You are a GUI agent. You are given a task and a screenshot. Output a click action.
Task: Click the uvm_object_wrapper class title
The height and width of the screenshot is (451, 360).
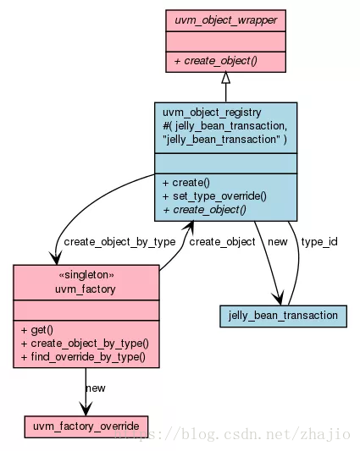coord(226,20)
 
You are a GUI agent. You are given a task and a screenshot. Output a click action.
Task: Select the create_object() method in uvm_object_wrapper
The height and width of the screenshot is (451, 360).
coord(215,61)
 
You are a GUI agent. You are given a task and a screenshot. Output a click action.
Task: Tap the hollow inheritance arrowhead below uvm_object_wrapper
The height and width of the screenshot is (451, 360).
coord(226,78)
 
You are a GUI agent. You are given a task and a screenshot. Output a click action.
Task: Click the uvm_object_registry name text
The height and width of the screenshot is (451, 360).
coord(212,113)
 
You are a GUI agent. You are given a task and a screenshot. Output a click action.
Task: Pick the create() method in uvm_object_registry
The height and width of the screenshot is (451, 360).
coord(186,183)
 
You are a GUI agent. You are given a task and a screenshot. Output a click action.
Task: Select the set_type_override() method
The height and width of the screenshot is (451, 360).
coord(214,196)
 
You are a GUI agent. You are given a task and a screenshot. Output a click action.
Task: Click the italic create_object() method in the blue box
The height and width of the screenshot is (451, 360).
coord(204,210)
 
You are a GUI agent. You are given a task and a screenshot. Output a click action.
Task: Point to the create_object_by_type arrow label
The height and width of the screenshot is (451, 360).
coord(119,242)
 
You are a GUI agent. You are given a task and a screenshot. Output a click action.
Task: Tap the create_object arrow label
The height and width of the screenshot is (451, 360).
coord(222,242)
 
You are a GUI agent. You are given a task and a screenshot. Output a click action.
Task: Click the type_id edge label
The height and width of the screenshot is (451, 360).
coord(319,242)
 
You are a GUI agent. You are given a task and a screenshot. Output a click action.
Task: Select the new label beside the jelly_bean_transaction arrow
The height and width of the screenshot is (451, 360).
coord(277,242)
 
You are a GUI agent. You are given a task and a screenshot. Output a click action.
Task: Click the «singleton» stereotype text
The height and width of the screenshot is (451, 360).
coord(86,275)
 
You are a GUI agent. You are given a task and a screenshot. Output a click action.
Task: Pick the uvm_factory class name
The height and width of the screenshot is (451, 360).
coord(86,289)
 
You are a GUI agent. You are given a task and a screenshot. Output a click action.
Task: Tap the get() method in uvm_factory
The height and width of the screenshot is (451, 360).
coord(37,330)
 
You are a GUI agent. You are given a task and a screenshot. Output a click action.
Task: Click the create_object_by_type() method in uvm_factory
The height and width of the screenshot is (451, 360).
coord(85,344)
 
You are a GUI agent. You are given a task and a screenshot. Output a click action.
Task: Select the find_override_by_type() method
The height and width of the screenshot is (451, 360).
coord(83,357)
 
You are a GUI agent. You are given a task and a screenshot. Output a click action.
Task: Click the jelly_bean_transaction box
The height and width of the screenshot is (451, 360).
coord(283,316)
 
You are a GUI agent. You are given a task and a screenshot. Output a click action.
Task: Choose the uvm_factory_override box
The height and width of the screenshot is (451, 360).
coord(86,426)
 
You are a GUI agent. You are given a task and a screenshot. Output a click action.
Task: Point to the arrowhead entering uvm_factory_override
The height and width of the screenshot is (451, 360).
coord(86,409)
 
